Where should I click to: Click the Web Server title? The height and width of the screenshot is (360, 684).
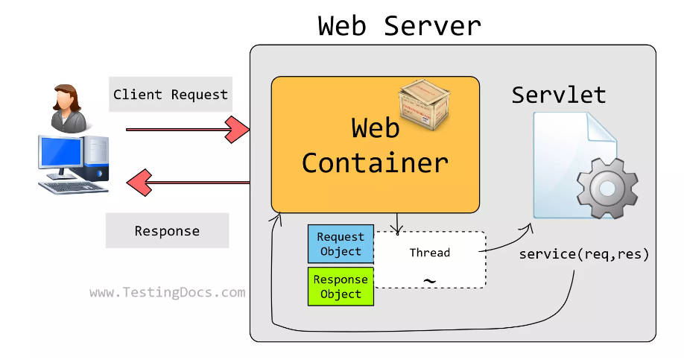pos(399,25)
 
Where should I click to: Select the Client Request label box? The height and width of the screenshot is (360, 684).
pos(170,95)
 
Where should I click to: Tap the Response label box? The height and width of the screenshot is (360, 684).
pos(167,231)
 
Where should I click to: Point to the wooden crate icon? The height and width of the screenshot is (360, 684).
pos(425,104)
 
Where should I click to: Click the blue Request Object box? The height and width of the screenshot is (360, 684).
pos(341,244)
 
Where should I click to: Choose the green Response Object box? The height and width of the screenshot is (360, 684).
pos(341,286)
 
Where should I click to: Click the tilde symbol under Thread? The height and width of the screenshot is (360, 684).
pos(429,281)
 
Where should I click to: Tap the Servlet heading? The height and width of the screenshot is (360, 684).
pos(558,95)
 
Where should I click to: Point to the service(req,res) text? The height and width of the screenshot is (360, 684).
pos(584,253)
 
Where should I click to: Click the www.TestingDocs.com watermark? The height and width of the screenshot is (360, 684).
pos(167,293)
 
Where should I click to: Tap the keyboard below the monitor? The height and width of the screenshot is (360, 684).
pos(73,186)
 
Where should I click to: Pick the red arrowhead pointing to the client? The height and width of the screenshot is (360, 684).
pos(138,181)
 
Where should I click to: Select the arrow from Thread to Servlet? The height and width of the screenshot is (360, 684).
pos(507,241)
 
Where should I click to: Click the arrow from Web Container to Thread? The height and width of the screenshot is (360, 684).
pos(397,222)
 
